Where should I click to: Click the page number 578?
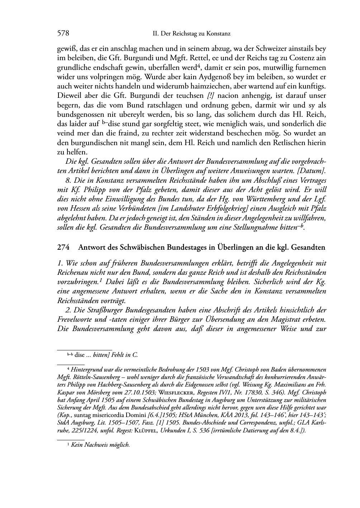tap(63, 33)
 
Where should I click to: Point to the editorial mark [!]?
tap(211, 96)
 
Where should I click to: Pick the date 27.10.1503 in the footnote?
tap(139, 392)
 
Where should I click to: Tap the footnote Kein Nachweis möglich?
tap(100, 445)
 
